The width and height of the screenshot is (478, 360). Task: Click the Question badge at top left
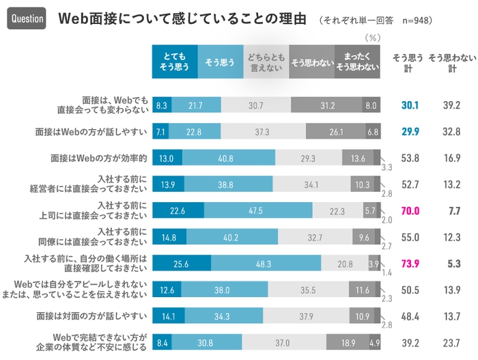tap(26, 18)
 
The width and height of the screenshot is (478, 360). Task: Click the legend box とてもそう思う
tap(174, 62)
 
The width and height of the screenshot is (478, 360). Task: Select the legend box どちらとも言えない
tap(266, 62)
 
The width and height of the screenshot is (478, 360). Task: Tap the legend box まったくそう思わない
tap(357, 62)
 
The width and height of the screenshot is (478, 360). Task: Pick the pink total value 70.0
tap(410, 211)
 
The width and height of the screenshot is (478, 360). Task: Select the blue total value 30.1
tap(410, 105)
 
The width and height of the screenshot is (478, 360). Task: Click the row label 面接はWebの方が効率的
tap(99, 158)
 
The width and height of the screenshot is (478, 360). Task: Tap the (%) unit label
tap(373, 38)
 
